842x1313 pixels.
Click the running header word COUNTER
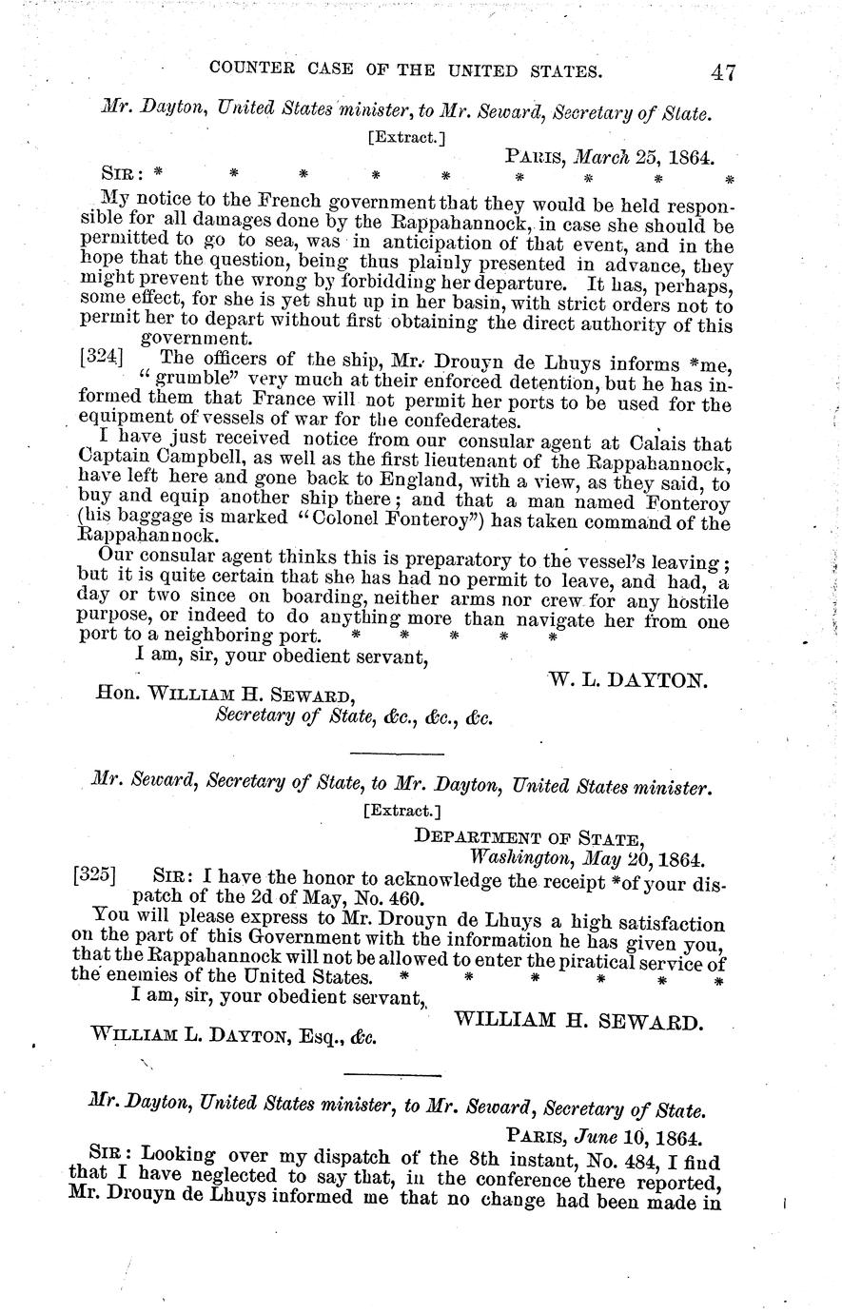[253, 70]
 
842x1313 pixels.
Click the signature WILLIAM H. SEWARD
[578, 1022]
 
